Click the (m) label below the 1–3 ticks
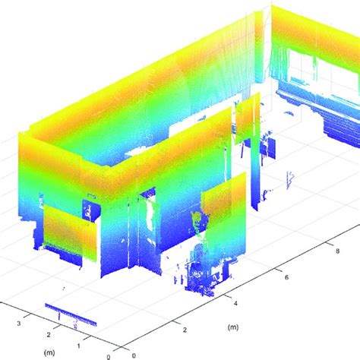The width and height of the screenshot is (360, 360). [x=49, y=352]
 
